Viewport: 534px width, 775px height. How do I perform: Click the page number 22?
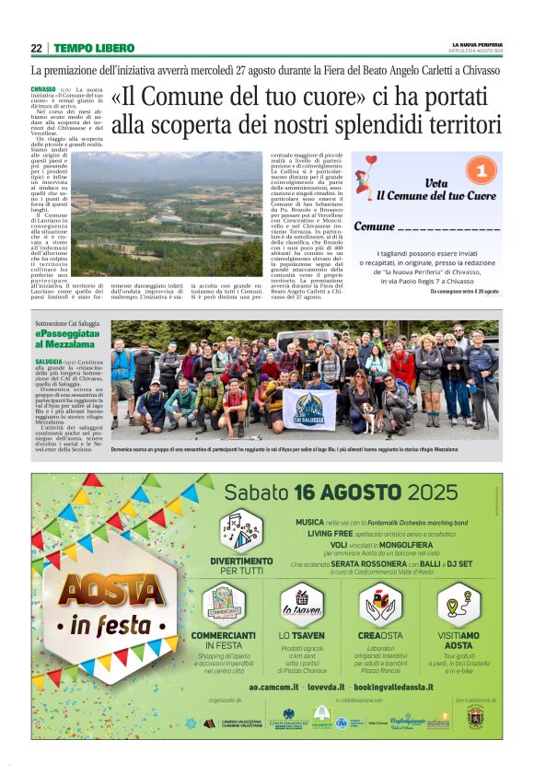[37, 48]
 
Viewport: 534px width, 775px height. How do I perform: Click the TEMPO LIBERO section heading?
[94, 48]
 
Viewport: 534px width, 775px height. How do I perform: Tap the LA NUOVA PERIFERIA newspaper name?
[477, 44]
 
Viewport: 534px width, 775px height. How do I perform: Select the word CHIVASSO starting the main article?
[43, 89]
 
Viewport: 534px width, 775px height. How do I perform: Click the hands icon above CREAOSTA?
[381, 605]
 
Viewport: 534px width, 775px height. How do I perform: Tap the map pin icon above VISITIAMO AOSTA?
[458, 605]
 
